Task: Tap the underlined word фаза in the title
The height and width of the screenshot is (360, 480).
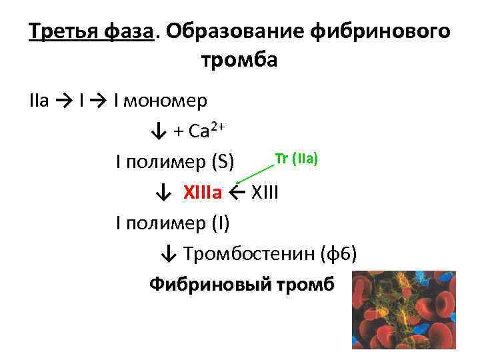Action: (130, 31)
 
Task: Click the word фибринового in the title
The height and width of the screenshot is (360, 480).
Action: (383, 31)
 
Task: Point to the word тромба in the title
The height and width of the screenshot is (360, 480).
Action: (239, 61)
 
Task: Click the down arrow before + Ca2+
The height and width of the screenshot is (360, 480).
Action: (158, 131)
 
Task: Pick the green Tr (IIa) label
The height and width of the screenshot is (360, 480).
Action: (297, 158)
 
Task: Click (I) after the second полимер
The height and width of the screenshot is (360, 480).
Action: (220, 223)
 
